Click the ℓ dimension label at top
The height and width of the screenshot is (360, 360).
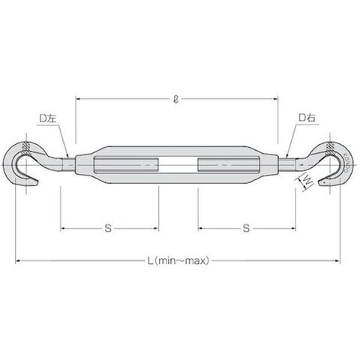pos(176,100)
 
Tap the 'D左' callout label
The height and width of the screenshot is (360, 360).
pos(47,118)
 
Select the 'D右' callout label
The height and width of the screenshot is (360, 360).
pos(307,118)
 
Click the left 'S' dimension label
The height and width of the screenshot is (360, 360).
pos(108,228)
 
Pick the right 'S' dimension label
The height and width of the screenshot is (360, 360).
pos(246,228)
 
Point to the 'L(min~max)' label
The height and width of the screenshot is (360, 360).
pos(178,261)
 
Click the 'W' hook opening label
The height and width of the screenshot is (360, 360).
pos(307,181)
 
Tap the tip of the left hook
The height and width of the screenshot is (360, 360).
pos(37,183)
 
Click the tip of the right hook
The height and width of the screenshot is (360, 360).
pos(319,183)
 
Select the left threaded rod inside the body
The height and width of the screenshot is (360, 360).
pos(126,165)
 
